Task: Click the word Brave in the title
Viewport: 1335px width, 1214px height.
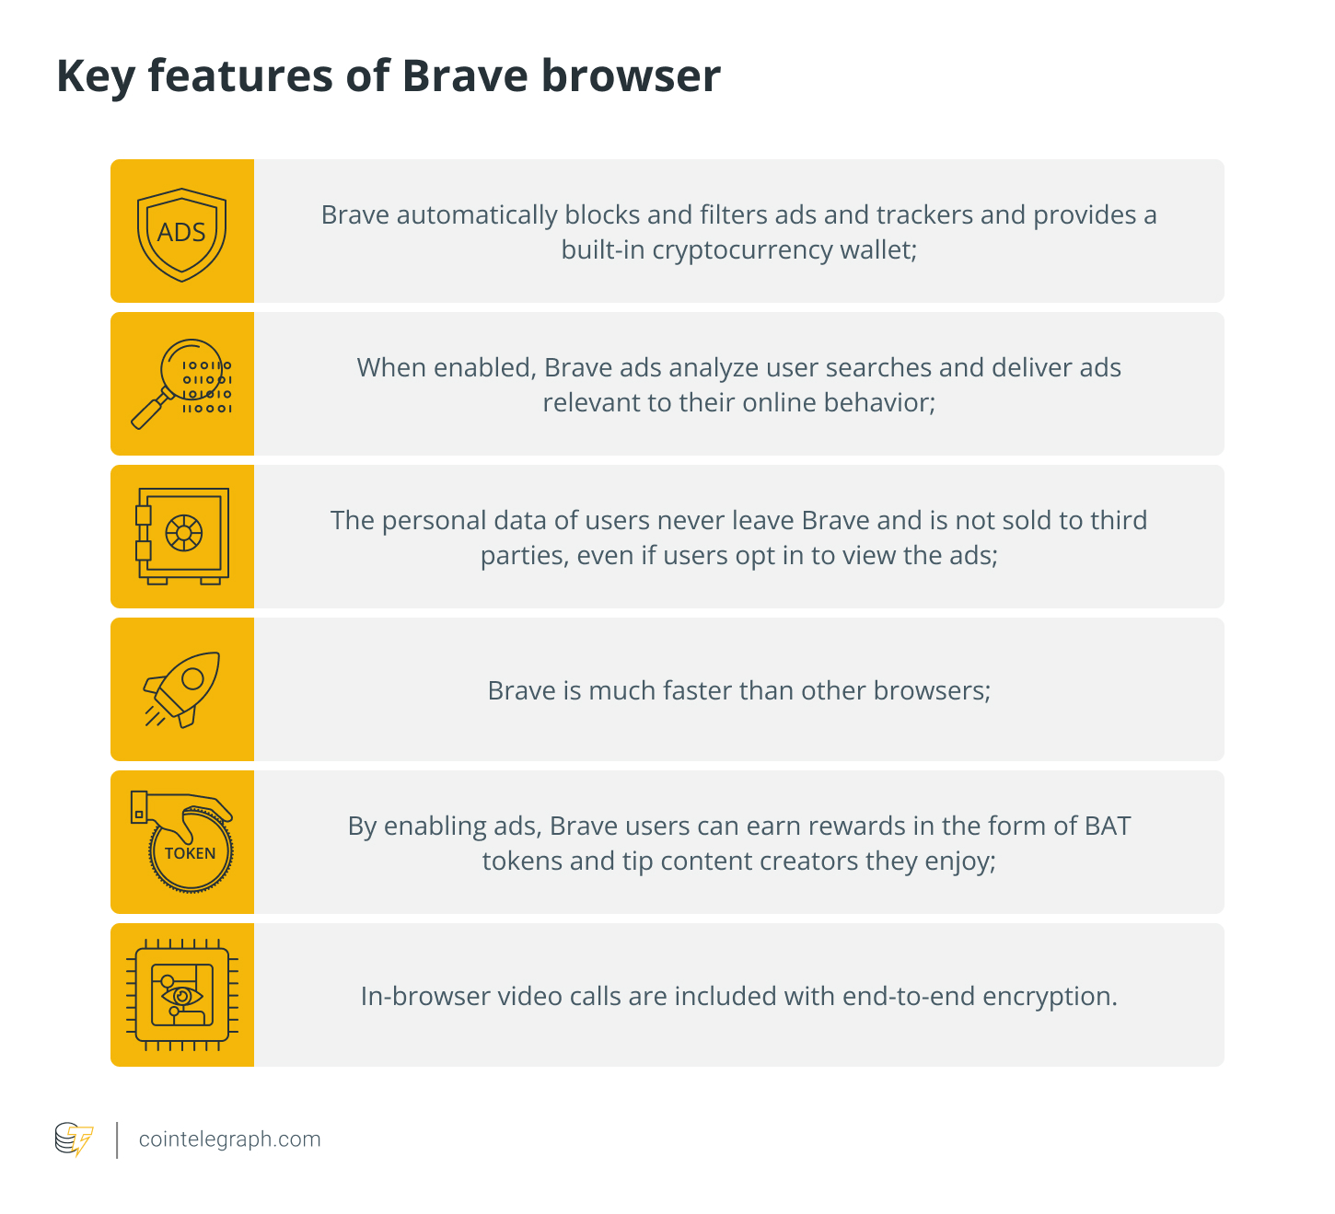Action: (x=465, y=75)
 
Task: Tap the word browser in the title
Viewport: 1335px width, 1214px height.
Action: (x=631, y=75)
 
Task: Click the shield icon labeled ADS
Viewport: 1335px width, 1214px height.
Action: (x=181, y=235)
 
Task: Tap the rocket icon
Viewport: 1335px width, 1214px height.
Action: (x=181, y=688)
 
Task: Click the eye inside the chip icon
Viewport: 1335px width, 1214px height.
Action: (x=181, y=996)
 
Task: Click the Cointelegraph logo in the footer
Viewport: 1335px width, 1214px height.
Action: (x=74, y=1139)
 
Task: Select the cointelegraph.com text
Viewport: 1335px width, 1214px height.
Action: (x=229, y=1139)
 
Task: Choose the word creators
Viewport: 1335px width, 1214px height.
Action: (x=808, y=861)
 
